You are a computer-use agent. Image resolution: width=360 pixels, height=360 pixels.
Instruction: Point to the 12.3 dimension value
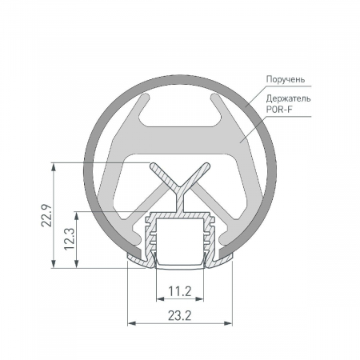click(x=67, y=238)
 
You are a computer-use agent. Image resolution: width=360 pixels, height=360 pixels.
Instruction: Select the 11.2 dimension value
click(x=180, y=290)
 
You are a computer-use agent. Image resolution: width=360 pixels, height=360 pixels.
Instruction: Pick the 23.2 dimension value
click(x=180, y=315)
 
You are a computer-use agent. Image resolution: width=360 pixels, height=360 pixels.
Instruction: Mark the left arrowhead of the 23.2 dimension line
click(x=131, y=323)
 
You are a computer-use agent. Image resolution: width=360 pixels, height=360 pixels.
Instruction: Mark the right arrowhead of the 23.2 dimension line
click(x=230, y=323)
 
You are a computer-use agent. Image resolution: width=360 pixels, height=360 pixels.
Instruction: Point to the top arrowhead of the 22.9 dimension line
click(x=54, y=167)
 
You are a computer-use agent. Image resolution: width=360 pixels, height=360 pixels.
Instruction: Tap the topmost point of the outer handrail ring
click(x=180, y=68)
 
